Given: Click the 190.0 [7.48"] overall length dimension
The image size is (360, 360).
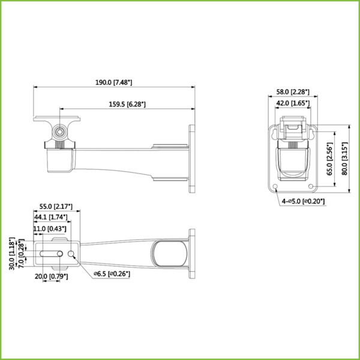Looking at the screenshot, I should [113, 82].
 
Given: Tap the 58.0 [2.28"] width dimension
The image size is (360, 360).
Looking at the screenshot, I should [292, 92].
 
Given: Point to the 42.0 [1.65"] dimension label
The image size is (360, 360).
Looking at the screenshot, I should [292, 103].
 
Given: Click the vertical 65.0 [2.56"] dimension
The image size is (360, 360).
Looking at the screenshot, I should [329, 158].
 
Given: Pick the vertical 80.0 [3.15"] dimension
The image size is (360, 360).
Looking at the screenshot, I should [344, 158].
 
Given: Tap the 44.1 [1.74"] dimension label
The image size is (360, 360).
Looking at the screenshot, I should [50, 217].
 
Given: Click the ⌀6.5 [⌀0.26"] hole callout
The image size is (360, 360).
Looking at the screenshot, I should [112, 274].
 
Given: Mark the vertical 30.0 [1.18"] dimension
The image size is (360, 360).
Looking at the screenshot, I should [11, 254].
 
